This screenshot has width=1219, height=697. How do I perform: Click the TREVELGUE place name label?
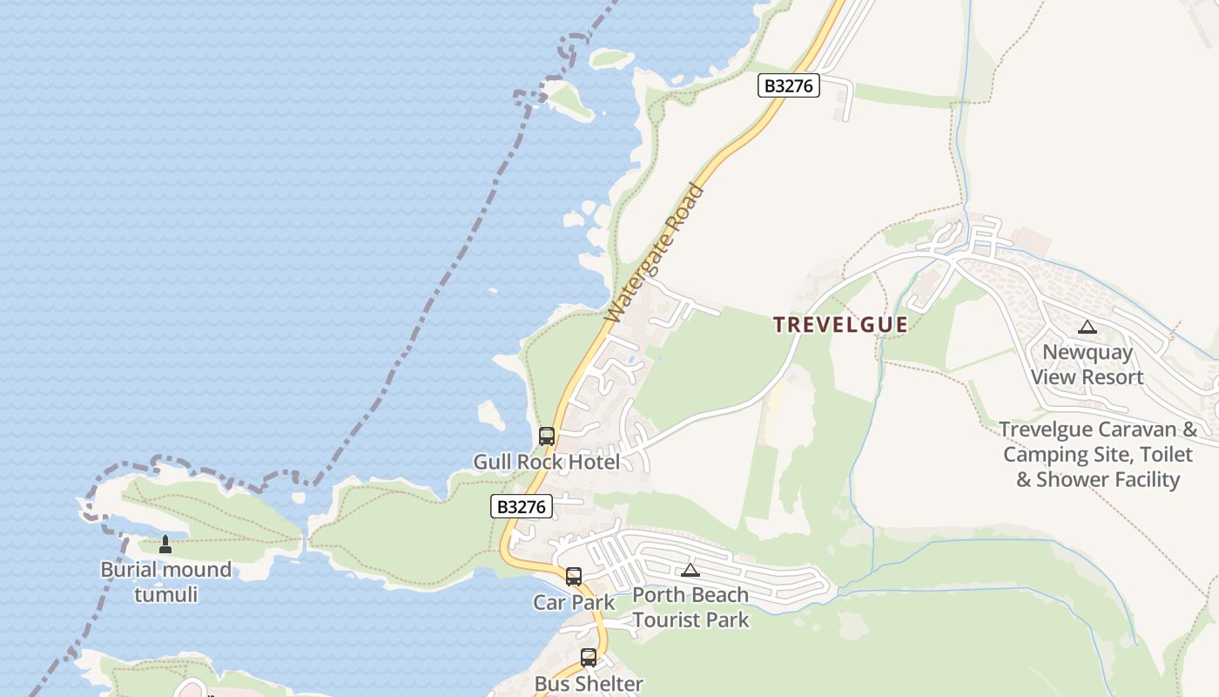pyautogui.click(x=841, y=325)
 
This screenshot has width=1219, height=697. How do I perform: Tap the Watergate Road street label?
pyautogui.click(x=654, y=253)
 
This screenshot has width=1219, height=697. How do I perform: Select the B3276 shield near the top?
pyautogui.click(x=788, y=85)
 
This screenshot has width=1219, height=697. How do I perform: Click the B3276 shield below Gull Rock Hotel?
pyautogui.click(x=522, y=506)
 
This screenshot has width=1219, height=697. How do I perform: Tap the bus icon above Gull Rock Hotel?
pyautogui.click(x=547, y=436)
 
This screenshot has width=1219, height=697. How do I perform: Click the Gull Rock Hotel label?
pyautogui.click(x=547, y=462)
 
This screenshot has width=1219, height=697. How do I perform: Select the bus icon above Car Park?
pyautogui.click(x=574, y=577)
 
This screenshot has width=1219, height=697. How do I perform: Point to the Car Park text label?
pyautogui.click(x=574, y=602)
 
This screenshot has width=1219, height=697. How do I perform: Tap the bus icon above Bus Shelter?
pyautogui.click(x=589, y=658)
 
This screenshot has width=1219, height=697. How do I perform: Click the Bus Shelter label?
pyautogui.click(x=589, y=684)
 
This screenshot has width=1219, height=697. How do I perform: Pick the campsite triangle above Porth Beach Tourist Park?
pyautogui.click(x=690, y=570)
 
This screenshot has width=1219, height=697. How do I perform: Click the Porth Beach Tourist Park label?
pyautogui.click(x=690, y=607)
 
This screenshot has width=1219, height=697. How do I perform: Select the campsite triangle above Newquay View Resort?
pyautogui.click(x=1087, y=328)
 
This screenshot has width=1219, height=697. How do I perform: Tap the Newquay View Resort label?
pyautogui.click(x=1088, y=364)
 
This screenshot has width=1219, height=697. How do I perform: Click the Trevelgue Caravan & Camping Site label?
pyautogui.click(x=1098, y=454)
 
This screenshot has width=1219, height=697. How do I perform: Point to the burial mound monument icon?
pyautogui.click(x=165, y=545)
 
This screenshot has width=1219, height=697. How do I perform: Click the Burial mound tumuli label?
pyautogui.click(x=165, y=582)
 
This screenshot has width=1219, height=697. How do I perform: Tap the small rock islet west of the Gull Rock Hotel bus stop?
pyautogui.click(x=491, y=415)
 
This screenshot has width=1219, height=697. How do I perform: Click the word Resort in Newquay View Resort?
pyautogui.click(x=1108, y=377)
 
